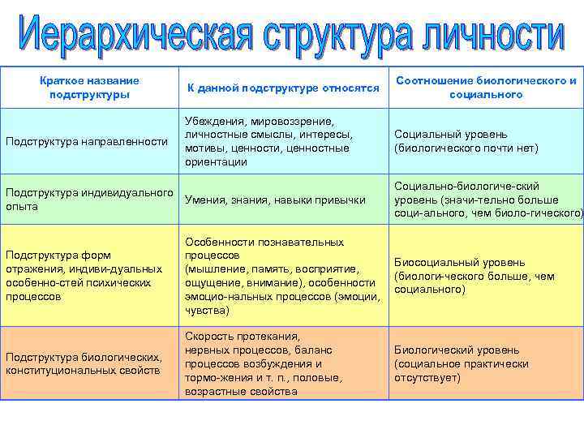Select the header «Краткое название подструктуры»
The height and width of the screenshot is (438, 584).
click(89, 88)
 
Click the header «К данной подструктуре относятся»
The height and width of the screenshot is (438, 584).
click(283, 88)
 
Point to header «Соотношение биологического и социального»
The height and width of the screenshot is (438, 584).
click(486, 88)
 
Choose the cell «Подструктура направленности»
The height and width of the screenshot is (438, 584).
click(87, 142)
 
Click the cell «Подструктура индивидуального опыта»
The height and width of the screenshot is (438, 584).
click(89, 200)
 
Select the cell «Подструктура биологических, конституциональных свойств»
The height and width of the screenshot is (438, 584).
click(84, 364)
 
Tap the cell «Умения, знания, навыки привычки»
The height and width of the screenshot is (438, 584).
click(275, 200)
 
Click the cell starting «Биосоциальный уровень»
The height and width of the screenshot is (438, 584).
click(474, 276)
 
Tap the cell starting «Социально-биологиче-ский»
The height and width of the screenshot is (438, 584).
click(487, 200)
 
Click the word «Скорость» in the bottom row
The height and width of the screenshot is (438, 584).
click(208, 336)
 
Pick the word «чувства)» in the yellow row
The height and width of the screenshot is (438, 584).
click(207, 310)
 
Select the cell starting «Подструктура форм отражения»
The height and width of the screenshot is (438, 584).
click(84, 276)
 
